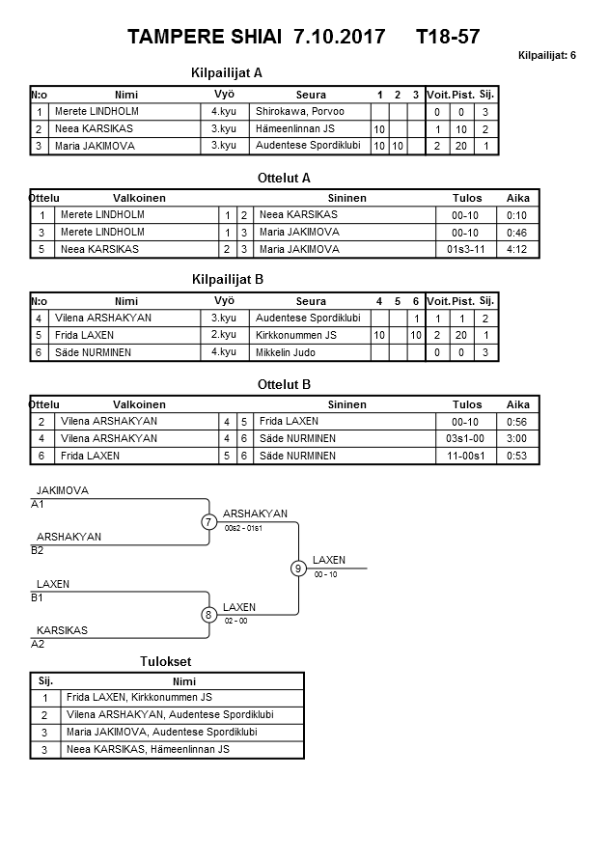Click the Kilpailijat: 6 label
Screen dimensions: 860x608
point(547,56)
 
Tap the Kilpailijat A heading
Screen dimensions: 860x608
point(228,72)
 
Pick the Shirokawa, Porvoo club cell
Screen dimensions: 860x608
point(292,112)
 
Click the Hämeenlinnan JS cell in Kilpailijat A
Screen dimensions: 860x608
point(295,129)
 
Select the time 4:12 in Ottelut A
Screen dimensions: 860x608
point(517,249)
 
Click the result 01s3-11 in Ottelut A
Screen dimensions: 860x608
point(467,249)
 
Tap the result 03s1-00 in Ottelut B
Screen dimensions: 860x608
point(467,438)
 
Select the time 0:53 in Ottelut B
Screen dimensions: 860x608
point(517,456)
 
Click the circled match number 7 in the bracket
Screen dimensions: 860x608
point(208,522)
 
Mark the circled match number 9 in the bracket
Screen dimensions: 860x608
point(299,569)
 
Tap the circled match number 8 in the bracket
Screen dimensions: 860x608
point(208,615)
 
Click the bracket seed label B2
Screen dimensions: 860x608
point(38,550)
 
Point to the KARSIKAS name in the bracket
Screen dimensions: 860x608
point(62,630)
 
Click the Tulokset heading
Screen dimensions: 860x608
point(166,662)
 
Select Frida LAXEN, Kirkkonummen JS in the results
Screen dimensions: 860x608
point(139,698)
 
